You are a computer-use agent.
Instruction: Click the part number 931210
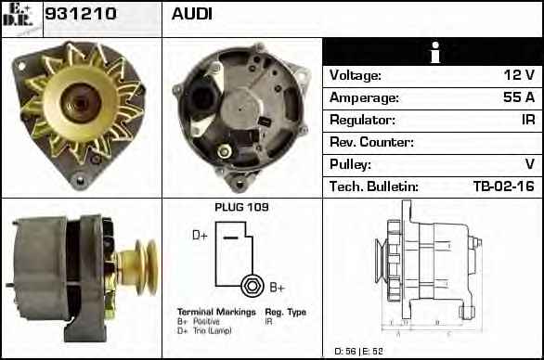[x=81, y=14]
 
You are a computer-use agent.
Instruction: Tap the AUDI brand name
[x=191, y=14]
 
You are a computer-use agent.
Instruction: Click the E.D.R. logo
[x=18, y=15]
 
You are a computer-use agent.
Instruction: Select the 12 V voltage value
[x=519, y=75]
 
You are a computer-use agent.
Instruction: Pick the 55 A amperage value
[x=519, y=97]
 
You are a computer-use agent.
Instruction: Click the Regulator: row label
[x=362, y=120]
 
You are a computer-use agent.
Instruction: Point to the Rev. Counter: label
[x=371, y=142]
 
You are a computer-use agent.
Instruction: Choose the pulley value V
[x=529, y=164]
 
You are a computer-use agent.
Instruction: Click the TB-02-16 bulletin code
[x=504, y=186]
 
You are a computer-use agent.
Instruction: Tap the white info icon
[x=435, y=52]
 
